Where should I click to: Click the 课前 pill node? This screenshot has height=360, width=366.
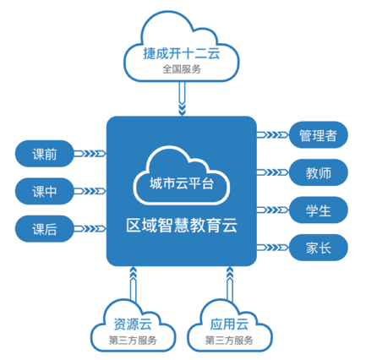44,154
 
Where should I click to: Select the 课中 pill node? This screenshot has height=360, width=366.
44,191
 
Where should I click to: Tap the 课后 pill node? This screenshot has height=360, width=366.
44,229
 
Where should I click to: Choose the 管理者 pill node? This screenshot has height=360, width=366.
319,135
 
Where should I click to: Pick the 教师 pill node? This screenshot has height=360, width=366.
319,172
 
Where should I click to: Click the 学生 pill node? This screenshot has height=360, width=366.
319,210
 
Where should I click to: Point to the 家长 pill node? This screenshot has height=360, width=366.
319,248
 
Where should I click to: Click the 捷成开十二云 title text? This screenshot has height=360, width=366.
182,53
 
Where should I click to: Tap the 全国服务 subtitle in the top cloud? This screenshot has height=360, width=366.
182,69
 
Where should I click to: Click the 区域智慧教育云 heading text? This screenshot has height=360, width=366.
182,226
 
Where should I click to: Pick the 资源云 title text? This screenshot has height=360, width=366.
133,325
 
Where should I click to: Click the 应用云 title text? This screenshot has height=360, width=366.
229,325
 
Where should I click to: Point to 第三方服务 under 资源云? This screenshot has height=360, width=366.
133,341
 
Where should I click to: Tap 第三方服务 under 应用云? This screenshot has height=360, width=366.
229,341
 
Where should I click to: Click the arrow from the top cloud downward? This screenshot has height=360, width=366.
183,99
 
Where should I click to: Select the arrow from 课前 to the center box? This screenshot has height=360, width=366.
90,154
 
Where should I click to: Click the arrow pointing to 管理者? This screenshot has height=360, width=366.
273,135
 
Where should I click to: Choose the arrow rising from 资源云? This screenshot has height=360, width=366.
134,284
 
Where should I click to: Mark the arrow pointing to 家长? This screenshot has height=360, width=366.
273,248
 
